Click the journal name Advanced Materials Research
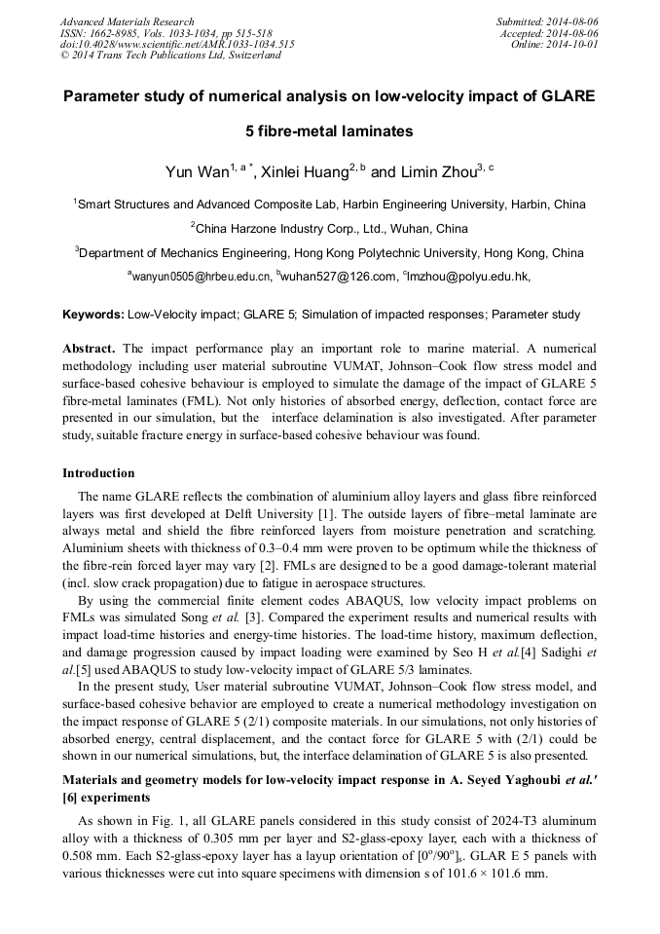click(127, 21)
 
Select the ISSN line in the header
click(151, 33)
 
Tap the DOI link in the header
click(177, 44)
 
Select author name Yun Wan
click(197, 172)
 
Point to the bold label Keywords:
click(93, 315)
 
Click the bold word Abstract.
click(89, 348)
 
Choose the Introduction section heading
click(98, 473)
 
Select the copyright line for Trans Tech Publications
click(170, 56)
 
